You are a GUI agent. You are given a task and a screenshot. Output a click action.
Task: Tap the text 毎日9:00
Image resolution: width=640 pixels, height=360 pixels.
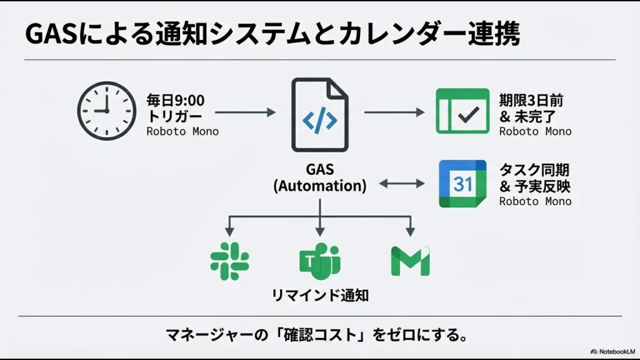click(175, 101)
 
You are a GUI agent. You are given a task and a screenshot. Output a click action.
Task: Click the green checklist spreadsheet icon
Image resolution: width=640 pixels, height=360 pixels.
click(462, 111)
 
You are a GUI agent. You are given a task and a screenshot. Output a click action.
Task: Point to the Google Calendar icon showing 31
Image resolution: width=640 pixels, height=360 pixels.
click(462, 184)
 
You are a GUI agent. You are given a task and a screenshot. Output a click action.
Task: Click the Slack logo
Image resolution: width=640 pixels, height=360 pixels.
click(229, 261)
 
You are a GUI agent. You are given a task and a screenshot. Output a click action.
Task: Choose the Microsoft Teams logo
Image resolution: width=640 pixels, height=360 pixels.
click(319, 261)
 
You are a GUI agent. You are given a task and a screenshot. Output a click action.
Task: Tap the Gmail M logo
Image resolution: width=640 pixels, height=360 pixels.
click(410, 261)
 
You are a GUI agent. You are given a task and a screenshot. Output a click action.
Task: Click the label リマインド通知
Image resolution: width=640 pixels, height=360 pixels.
click(319, 295)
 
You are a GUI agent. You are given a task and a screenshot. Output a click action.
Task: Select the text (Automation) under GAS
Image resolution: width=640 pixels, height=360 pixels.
click(319, 186)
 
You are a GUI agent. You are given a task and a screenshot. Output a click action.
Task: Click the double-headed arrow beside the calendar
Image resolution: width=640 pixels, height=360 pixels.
click(402, 184)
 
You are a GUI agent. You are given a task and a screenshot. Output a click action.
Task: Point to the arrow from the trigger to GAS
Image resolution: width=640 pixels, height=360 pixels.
click(244, 112)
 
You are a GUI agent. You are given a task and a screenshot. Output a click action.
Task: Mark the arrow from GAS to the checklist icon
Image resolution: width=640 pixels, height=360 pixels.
click(394, 112)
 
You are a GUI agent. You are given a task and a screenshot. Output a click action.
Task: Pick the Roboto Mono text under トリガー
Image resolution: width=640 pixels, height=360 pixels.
click(182, 131)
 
